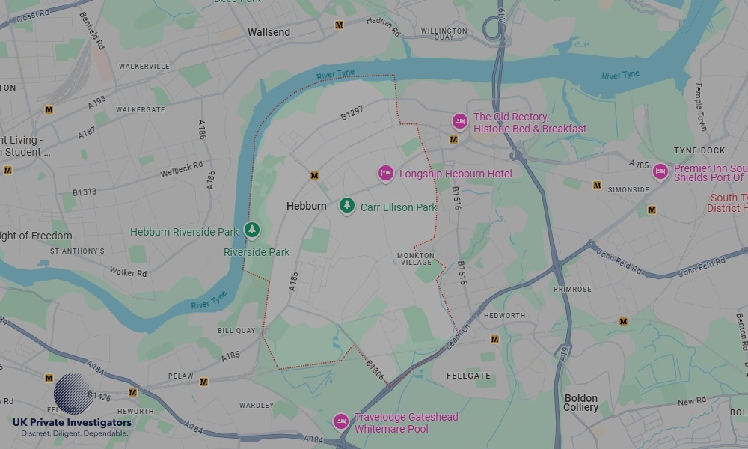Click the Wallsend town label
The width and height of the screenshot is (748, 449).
click(269, 32)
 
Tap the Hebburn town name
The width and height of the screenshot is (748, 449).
click(307, 205)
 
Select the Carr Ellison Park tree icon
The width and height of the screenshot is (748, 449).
click(346, 206)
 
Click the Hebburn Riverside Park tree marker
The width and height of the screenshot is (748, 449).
click(254, 230)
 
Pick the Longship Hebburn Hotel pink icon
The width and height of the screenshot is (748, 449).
click(385, 174)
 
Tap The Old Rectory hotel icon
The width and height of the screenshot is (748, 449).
click(459, 121)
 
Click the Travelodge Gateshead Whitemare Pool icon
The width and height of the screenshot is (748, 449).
click(341, 422)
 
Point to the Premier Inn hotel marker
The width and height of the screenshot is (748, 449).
click(660, 172)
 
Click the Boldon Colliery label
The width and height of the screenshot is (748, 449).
click(580, 403)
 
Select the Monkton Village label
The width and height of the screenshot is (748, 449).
click(415, 259)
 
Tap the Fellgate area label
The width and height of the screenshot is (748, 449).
click(468, 375)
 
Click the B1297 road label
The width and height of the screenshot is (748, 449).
click(352, 113)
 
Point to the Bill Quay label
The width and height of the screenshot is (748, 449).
click(236, 330)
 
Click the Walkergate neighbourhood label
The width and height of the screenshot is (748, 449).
click(140, 110)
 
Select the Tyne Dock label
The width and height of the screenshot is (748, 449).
click(699, 150)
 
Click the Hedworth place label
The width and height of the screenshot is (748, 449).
click(504, 316)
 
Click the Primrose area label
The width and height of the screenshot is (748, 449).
click(572, 289)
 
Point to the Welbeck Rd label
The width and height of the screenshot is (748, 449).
click(181, 170)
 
